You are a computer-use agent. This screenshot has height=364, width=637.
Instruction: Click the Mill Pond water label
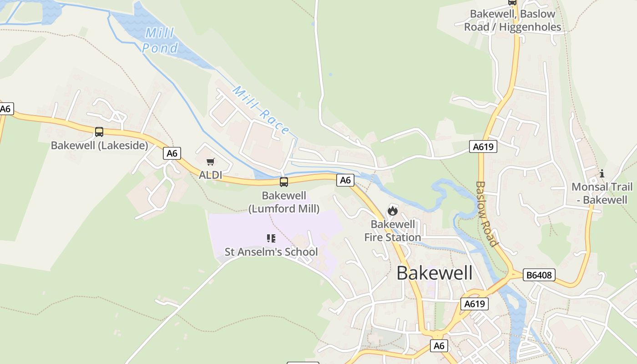[159, 40]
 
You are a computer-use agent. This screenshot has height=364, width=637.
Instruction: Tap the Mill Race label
[261, 110]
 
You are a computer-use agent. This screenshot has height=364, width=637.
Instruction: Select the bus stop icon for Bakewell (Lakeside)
[99, 132]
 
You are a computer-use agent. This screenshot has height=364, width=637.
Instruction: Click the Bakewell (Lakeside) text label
[99, 146]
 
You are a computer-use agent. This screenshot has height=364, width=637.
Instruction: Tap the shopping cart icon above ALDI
[211, 162]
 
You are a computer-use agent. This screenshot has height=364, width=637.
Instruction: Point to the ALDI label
[211, 175]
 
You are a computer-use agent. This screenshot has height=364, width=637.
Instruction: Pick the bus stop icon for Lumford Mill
[284, 182]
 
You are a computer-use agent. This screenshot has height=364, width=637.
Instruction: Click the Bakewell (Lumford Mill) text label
[284, 202]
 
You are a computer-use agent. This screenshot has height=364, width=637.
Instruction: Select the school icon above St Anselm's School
[271, 238]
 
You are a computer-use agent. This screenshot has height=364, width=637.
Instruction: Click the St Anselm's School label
[271, 252]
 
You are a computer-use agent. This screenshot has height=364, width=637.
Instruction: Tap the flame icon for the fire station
[392, 211]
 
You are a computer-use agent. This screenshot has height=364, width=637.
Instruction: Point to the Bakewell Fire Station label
[392, 231]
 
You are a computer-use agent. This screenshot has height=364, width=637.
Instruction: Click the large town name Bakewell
[435, 273]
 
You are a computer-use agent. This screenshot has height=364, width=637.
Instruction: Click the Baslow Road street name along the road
[486, 214]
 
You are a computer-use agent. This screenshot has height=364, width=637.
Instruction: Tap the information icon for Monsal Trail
[602, 173]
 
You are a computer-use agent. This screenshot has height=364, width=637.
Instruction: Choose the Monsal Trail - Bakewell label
[602, 193]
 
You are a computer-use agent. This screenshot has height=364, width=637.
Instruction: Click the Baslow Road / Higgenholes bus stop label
[513, 20]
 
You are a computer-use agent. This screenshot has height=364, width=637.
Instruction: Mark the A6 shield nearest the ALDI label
[172, 153]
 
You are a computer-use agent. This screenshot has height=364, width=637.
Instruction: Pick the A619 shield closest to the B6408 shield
[474, 304]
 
